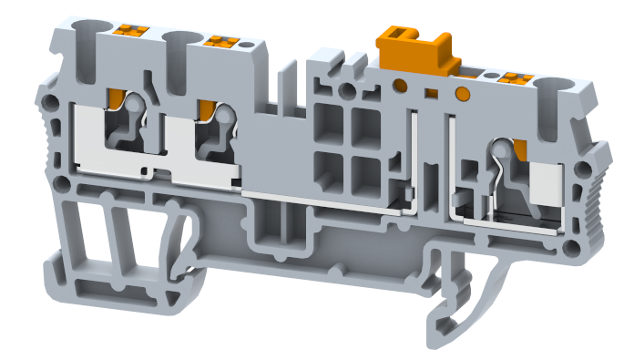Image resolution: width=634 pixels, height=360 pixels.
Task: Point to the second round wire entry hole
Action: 178,37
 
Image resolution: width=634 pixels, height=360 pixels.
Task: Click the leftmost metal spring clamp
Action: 128,123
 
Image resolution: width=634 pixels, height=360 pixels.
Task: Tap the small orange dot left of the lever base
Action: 399,86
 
